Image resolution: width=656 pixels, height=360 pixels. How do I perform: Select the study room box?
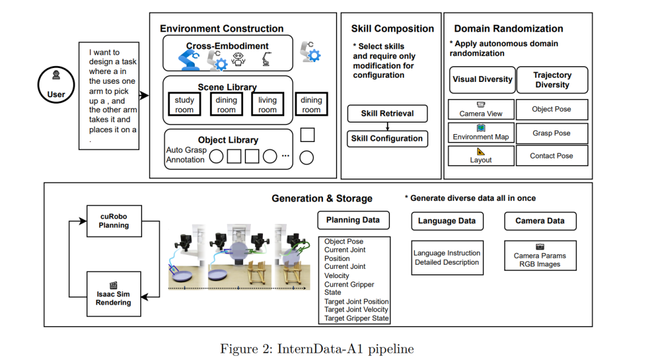[185, 104]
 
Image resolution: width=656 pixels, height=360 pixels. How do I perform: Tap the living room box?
[267, 104]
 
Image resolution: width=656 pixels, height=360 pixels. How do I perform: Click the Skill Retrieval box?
[387, 114]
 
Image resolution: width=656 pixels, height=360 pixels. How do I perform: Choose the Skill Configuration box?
[387, 138]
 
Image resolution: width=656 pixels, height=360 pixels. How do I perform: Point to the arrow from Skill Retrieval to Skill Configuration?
[387, 126]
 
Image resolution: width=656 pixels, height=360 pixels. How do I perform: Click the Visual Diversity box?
[482, 80]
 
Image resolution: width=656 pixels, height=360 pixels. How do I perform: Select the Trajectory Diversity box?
[552, 80]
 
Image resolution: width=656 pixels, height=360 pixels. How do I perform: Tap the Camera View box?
[481, 110]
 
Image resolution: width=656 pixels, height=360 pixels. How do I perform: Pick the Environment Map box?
[481, 133]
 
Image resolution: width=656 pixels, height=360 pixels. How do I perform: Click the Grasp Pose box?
[552, 133]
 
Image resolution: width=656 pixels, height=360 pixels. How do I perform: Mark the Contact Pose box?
[552, 155]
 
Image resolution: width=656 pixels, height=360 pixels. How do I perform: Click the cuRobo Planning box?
[114, 220]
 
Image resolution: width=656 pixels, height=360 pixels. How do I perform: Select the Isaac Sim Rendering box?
[114, 295]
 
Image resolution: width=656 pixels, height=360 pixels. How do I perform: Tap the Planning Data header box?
[354, 220]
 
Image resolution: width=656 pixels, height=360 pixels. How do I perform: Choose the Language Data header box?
[446, 221]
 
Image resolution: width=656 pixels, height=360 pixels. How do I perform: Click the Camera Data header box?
[540, 221]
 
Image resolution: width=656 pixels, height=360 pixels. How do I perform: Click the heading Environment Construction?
[222, 29]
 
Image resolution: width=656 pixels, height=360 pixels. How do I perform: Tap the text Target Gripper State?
[357, 318]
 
